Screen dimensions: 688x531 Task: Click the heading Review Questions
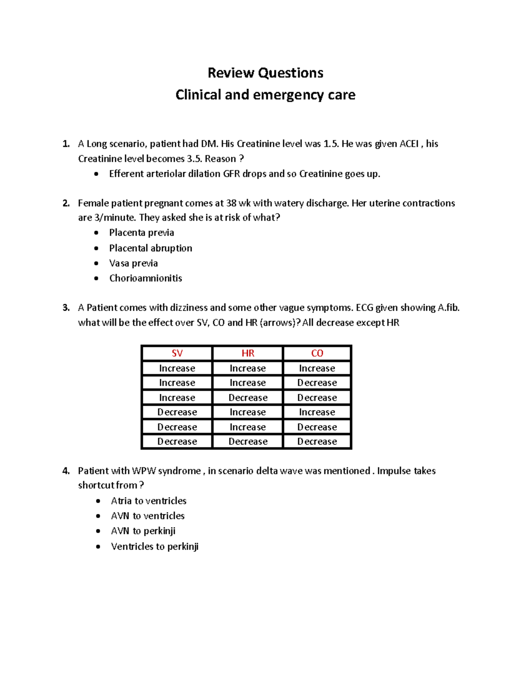pyautogui.click(x=265, y=73)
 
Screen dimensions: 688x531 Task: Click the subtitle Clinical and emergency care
pyautogui.click(x=265, y=95)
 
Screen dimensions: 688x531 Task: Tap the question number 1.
pyautogui.click(x=66, y=144)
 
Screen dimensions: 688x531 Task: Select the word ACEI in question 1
pyautogui.click(x=409, y=144)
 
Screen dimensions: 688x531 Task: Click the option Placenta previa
pyautogui.click(x=142, y=233)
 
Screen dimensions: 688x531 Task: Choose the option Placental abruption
pyautogui.click(x=150, y=248)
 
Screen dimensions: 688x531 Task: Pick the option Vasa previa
pyautogui.click(x=133, y=263)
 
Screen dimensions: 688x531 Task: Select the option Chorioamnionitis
pyautogui.click(x=146, y=278)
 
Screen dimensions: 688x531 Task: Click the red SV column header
pyautogui.click(x=177, y=353)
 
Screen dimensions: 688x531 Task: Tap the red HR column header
pyautogui.click(x=248, y=353)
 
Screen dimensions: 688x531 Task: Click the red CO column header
pyautogui.click(x=317, y=353)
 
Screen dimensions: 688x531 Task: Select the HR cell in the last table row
pyautogui.click(x=248, y=442)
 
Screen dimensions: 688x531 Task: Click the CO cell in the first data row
pyautogui.click(x=317, y=368)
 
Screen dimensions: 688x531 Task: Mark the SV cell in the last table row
pyautogui.click(x=177, y=442)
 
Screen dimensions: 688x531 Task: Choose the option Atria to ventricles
pyautogui.click(x=149, y=501)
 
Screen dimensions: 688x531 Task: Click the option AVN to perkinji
pyautogui.click(x=143, y=531)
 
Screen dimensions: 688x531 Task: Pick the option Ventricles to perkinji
pyautogui.click(x=154, y=546)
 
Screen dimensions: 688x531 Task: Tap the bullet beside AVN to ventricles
pyautogui.click(x=98, y=516)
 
